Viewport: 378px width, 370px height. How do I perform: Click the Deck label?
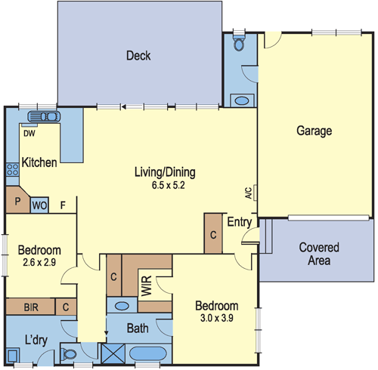point(138,56)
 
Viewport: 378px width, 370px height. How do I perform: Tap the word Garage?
point(314,131)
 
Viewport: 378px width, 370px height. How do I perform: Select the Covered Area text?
point(319,254)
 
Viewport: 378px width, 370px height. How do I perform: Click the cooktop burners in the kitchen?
point(11,171)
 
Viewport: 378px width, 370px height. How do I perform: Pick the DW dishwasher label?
point(28,134)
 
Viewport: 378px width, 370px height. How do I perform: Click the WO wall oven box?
point(39,204)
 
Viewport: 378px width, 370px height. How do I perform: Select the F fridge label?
point(64,204)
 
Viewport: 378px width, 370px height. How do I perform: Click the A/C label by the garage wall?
point(248,193)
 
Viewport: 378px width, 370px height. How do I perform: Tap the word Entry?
point(239,222)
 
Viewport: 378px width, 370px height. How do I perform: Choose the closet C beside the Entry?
point(213,234)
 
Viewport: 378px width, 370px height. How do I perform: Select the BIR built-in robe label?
point(31,307)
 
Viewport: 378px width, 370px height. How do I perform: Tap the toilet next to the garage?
point(239,43)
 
